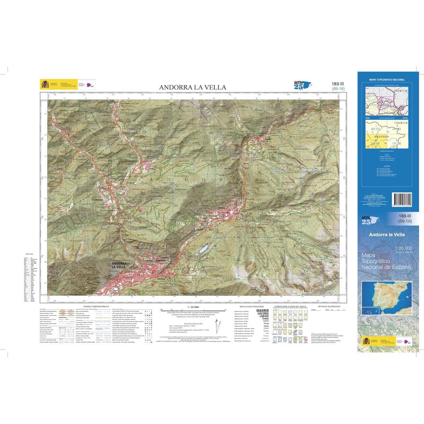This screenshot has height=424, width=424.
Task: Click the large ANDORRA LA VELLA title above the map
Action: (192, 87)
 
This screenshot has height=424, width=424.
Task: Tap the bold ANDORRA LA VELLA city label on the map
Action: (118, 265)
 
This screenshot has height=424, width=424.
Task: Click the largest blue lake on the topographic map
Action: (203, 249)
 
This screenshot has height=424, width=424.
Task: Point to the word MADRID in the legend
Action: (261, 310)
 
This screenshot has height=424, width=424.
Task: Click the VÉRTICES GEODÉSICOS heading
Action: (329, 306)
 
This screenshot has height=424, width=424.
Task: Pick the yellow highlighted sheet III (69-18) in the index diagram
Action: (374, 143)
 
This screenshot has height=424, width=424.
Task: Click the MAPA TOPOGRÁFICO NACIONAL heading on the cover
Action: (387, 80)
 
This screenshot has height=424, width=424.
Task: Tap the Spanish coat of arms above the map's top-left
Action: (45, 84)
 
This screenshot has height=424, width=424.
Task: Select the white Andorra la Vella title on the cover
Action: (387, 235)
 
